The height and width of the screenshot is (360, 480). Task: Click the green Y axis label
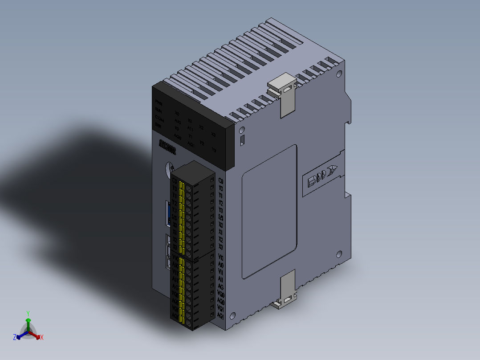tap(28, 313)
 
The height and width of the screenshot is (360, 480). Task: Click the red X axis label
tap(42, 338)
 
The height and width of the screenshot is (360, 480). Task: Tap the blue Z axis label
tap(15, 337)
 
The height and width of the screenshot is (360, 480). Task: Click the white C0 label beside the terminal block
tap(220, 181)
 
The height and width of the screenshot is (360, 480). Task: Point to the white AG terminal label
tap(220, 286)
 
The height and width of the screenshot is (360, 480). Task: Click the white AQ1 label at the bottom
tap(220, 315)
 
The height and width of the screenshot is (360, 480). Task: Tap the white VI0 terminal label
tap(220, 257)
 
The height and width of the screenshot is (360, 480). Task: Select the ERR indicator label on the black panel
tap(159, 125)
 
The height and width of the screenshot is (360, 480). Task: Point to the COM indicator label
tap(159, 118)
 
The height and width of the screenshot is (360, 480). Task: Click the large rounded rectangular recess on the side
tap(269, 212)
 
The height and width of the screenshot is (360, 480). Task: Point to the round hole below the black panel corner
tap(242, 131)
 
